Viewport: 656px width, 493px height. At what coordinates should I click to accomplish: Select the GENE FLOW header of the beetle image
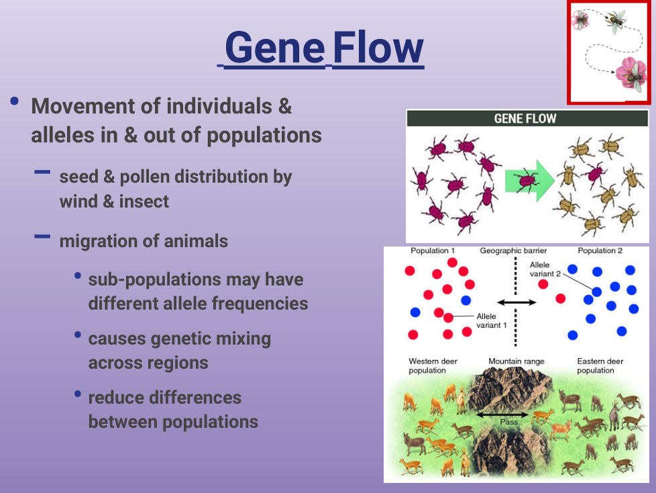click(525, 119)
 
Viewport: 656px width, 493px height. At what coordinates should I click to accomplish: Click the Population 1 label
click(433, 251)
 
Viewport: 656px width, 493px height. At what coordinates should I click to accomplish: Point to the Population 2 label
click(600, 251)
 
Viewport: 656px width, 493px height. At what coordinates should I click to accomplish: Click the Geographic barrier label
click(513, 251)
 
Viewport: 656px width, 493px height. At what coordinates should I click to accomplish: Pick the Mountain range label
click(516, 361)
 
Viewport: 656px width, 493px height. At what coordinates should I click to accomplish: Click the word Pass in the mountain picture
click(509, 422)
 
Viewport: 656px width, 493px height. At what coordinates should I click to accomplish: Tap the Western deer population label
click(433, 366)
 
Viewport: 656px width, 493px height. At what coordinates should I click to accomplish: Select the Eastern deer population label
click(600, 366)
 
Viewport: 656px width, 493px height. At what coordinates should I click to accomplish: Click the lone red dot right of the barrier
click(543, 284)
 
